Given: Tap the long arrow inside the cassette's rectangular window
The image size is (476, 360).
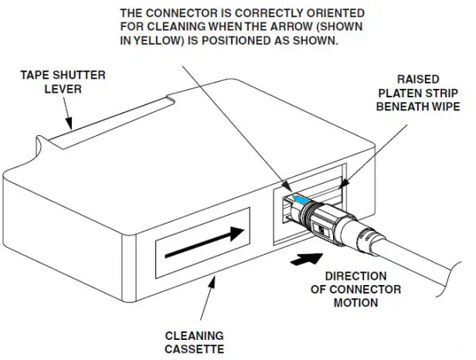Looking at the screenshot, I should coord(204,237).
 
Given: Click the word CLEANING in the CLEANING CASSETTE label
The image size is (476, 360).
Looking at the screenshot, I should coord(194,335).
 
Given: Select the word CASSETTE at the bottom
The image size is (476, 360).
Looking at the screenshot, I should coord(194,348).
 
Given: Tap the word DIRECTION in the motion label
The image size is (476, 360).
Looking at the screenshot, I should coord(355,277).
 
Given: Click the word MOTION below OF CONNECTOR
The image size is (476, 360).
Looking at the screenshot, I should coord(355,302).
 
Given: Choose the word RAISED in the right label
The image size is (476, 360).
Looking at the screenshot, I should coord(417,80).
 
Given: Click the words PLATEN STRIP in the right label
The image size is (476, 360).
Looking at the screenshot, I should coord(417,93).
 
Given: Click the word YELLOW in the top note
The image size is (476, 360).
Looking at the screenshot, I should coord(153,41).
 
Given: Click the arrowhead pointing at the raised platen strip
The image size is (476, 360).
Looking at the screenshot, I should coord(339,186).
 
